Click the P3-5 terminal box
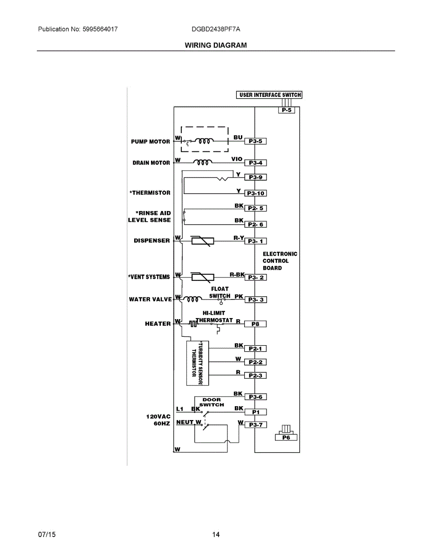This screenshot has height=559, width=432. [255, 141]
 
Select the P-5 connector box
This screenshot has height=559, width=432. [287, 110]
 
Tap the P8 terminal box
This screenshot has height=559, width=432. [255, 324]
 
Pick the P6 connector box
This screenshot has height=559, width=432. [286, 437]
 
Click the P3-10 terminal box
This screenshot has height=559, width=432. [255, 193]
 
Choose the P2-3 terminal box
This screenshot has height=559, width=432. [255, 375]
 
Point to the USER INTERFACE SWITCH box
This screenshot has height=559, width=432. [270, 95]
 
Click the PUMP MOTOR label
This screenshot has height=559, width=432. [151, 142]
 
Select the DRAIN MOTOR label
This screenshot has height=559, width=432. [151, 163]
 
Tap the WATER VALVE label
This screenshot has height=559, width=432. [151, 299]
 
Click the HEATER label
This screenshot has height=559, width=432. [158, 324]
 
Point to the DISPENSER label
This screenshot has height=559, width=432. [152, 241]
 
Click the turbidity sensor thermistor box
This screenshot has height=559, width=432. [198, 363]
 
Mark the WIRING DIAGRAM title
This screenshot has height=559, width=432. [216, 45]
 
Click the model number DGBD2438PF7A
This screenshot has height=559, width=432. [216, 29]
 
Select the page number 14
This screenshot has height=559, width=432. [216, 535]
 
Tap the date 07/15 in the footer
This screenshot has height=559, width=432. [47, 535]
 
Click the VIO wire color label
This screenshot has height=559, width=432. [237, 159]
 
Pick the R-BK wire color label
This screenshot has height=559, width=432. [237, 274]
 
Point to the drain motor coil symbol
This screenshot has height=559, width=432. [202, 162]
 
